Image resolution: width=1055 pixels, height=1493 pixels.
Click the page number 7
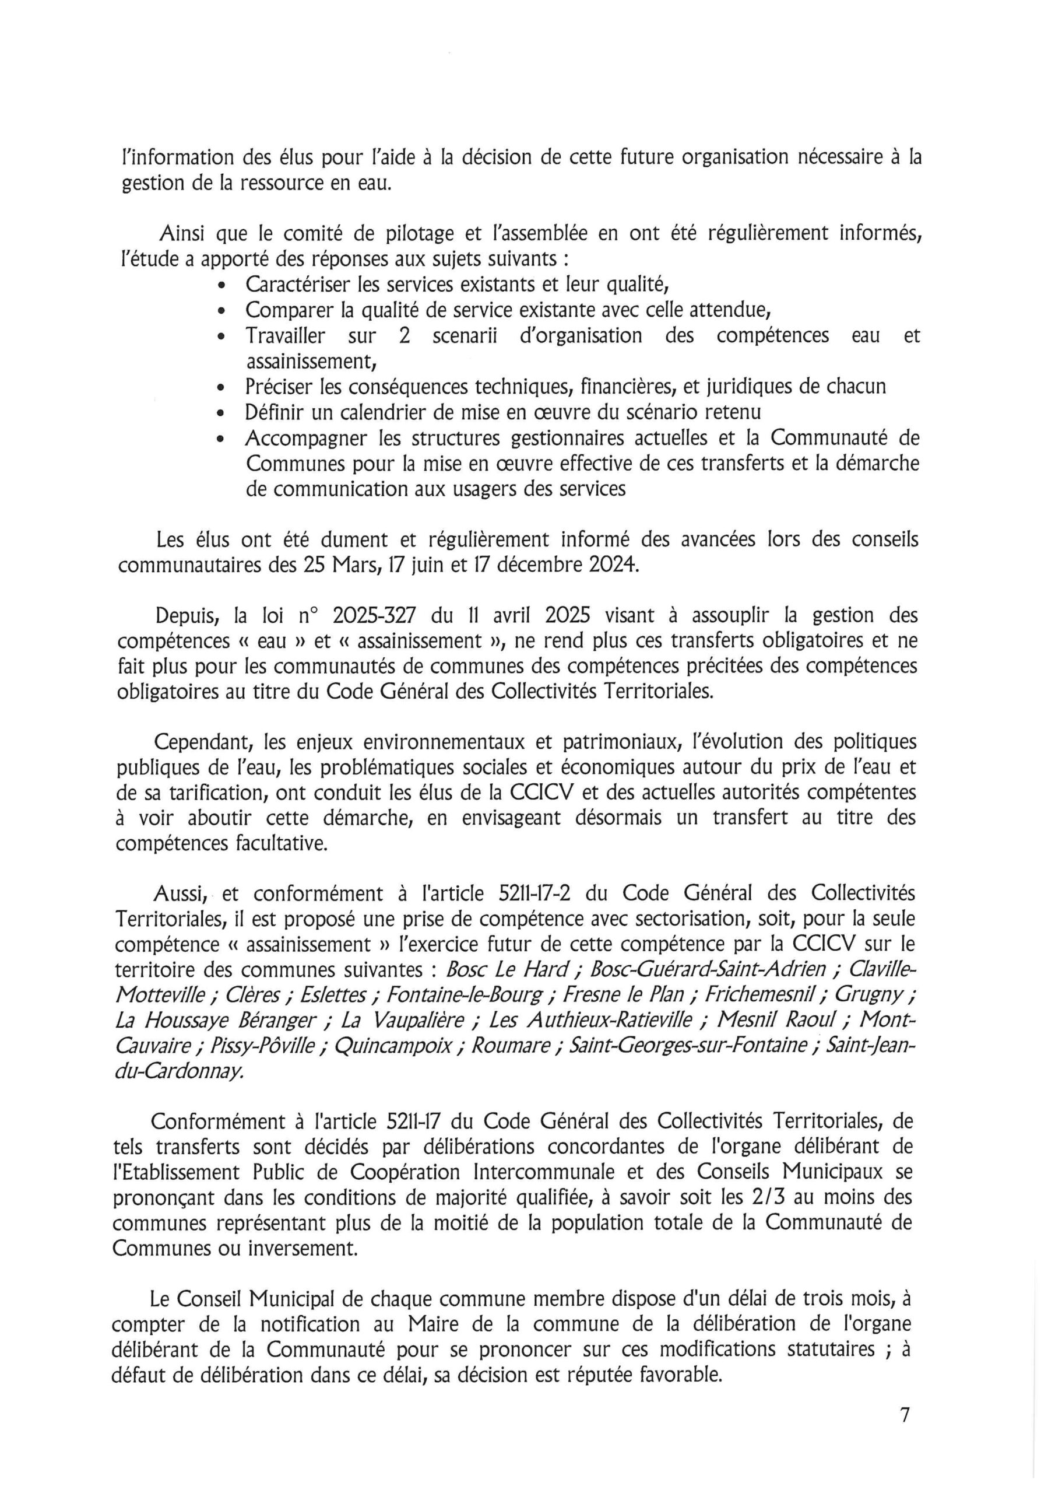click(904, 1414)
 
